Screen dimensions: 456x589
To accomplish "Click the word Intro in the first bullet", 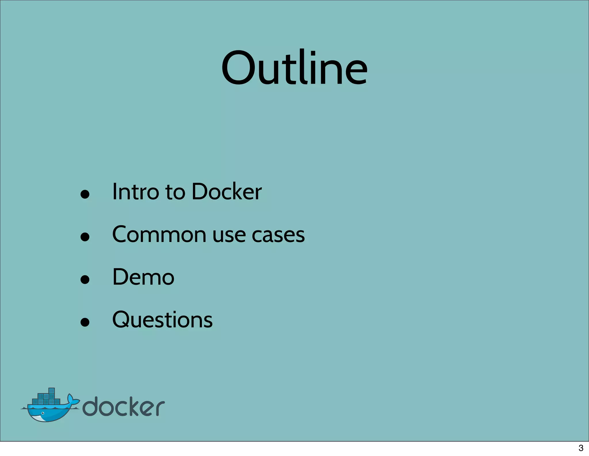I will pos(135,192).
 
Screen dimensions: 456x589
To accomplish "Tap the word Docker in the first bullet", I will pos(227,192).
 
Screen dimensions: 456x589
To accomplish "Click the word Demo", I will pos(143,277).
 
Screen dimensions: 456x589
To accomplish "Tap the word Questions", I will pos(162,320).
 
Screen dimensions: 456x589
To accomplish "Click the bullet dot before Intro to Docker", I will pos(85,194).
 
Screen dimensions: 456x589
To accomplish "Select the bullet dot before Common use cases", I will pos(85,237).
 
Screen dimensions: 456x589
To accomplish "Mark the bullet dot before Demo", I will pos(85,279).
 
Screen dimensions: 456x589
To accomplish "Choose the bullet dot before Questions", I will pos(85,322).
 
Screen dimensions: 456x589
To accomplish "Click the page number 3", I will pos(581,448).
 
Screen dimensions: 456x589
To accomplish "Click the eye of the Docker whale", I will pos(43,413).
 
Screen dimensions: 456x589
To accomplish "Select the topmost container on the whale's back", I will pos(51,391).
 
